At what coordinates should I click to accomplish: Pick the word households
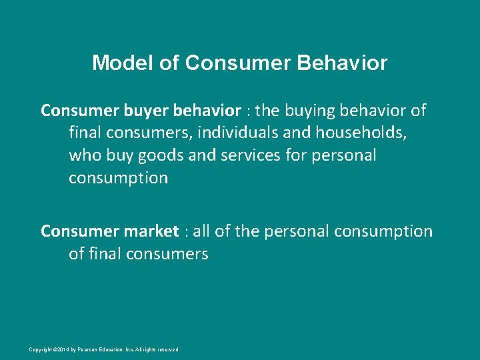pyautogui.click(x=362, y=132)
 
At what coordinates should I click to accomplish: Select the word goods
pyautogui.click(x=159, y=155)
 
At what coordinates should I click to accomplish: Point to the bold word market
pyautogui.click(x=150, y=231)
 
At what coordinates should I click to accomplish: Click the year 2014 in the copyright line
pyautogui.click(x=62, y=349)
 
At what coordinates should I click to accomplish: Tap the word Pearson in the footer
pyautogui.click(x=87, y=349)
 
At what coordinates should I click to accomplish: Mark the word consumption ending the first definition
pyautogui.click(x=118, y=178)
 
